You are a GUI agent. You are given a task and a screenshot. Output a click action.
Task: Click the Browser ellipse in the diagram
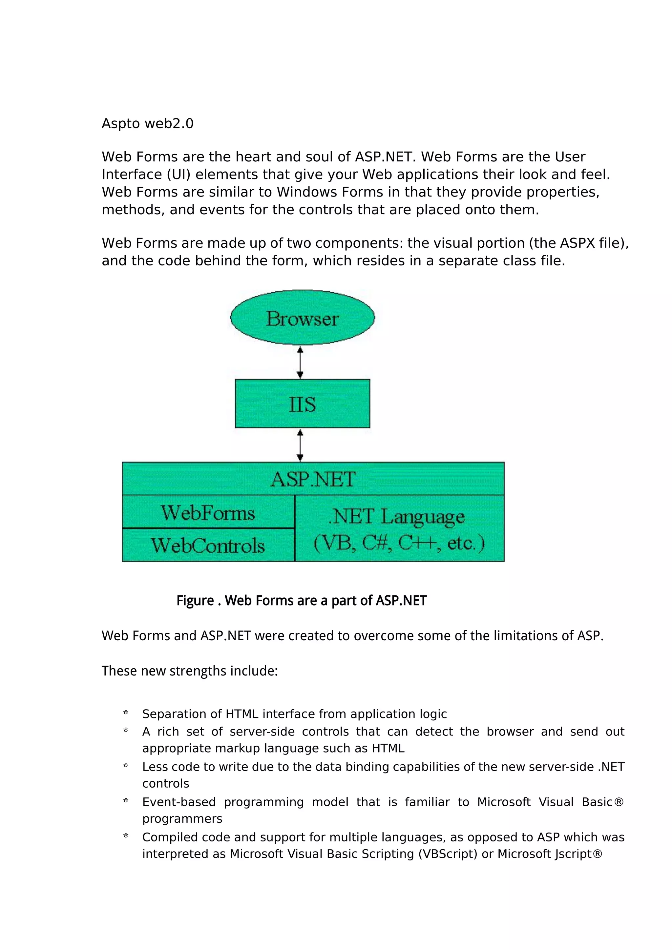[x=303, y=317]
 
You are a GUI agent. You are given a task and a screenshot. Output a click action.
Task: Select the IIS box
[x=303, y=403]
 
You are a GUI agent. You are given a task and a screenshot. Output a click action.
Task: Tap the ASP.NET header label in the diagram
[x=313, y=479]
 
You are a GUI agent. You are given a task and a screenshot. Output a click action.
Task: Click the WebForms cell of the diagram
[x=208, y=513]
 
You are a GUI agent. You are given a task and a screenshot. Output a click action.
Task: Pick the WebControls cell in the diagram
[x=208, y=545]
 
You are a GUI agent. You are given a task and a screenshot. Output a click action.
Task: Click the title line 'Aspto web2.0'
[x=147, y=124]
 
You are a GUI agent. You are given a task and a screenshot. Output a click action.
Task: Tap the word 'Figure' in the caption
[x=195, y=600]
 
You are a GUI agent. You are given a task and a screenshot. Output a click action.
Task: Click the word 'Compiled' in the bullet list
[x=165, y=837]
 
